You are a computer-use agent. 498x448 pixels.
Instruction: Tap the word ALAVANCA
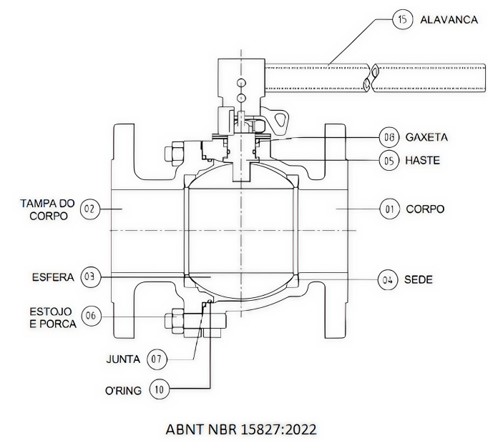(x=450, y=19)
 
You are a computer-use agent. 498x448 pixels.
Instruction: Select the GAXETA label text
(x=426, y=136)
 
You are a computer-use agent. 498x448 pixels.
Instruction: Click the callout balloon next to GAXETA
(x=389, y=136)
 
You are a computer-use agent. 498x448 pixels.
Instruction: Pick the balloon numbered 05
(x=389, y=161)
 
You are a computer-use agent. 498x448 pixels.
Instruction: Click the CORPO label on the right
(x=425, y=209)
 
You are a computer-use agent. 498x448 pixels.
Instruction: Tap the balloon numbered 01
(x=389, y=209)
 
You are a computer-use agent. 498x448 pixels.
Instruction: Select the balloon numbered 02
(x=89, y=209)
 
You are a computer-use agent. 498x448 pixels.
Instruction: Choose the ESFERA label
(x=52, y=277)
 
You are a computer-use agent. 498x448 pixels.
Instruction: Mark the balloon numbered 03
(x=89, y=277)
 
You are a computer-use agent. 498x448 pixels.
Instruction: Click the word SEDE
(x=419, y=279)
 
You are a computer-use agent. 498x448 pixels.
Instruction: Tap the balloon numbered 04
(x=389, y=279)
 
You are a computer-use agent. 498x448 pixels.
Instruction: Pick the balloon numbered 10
(x=160, y=389)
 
